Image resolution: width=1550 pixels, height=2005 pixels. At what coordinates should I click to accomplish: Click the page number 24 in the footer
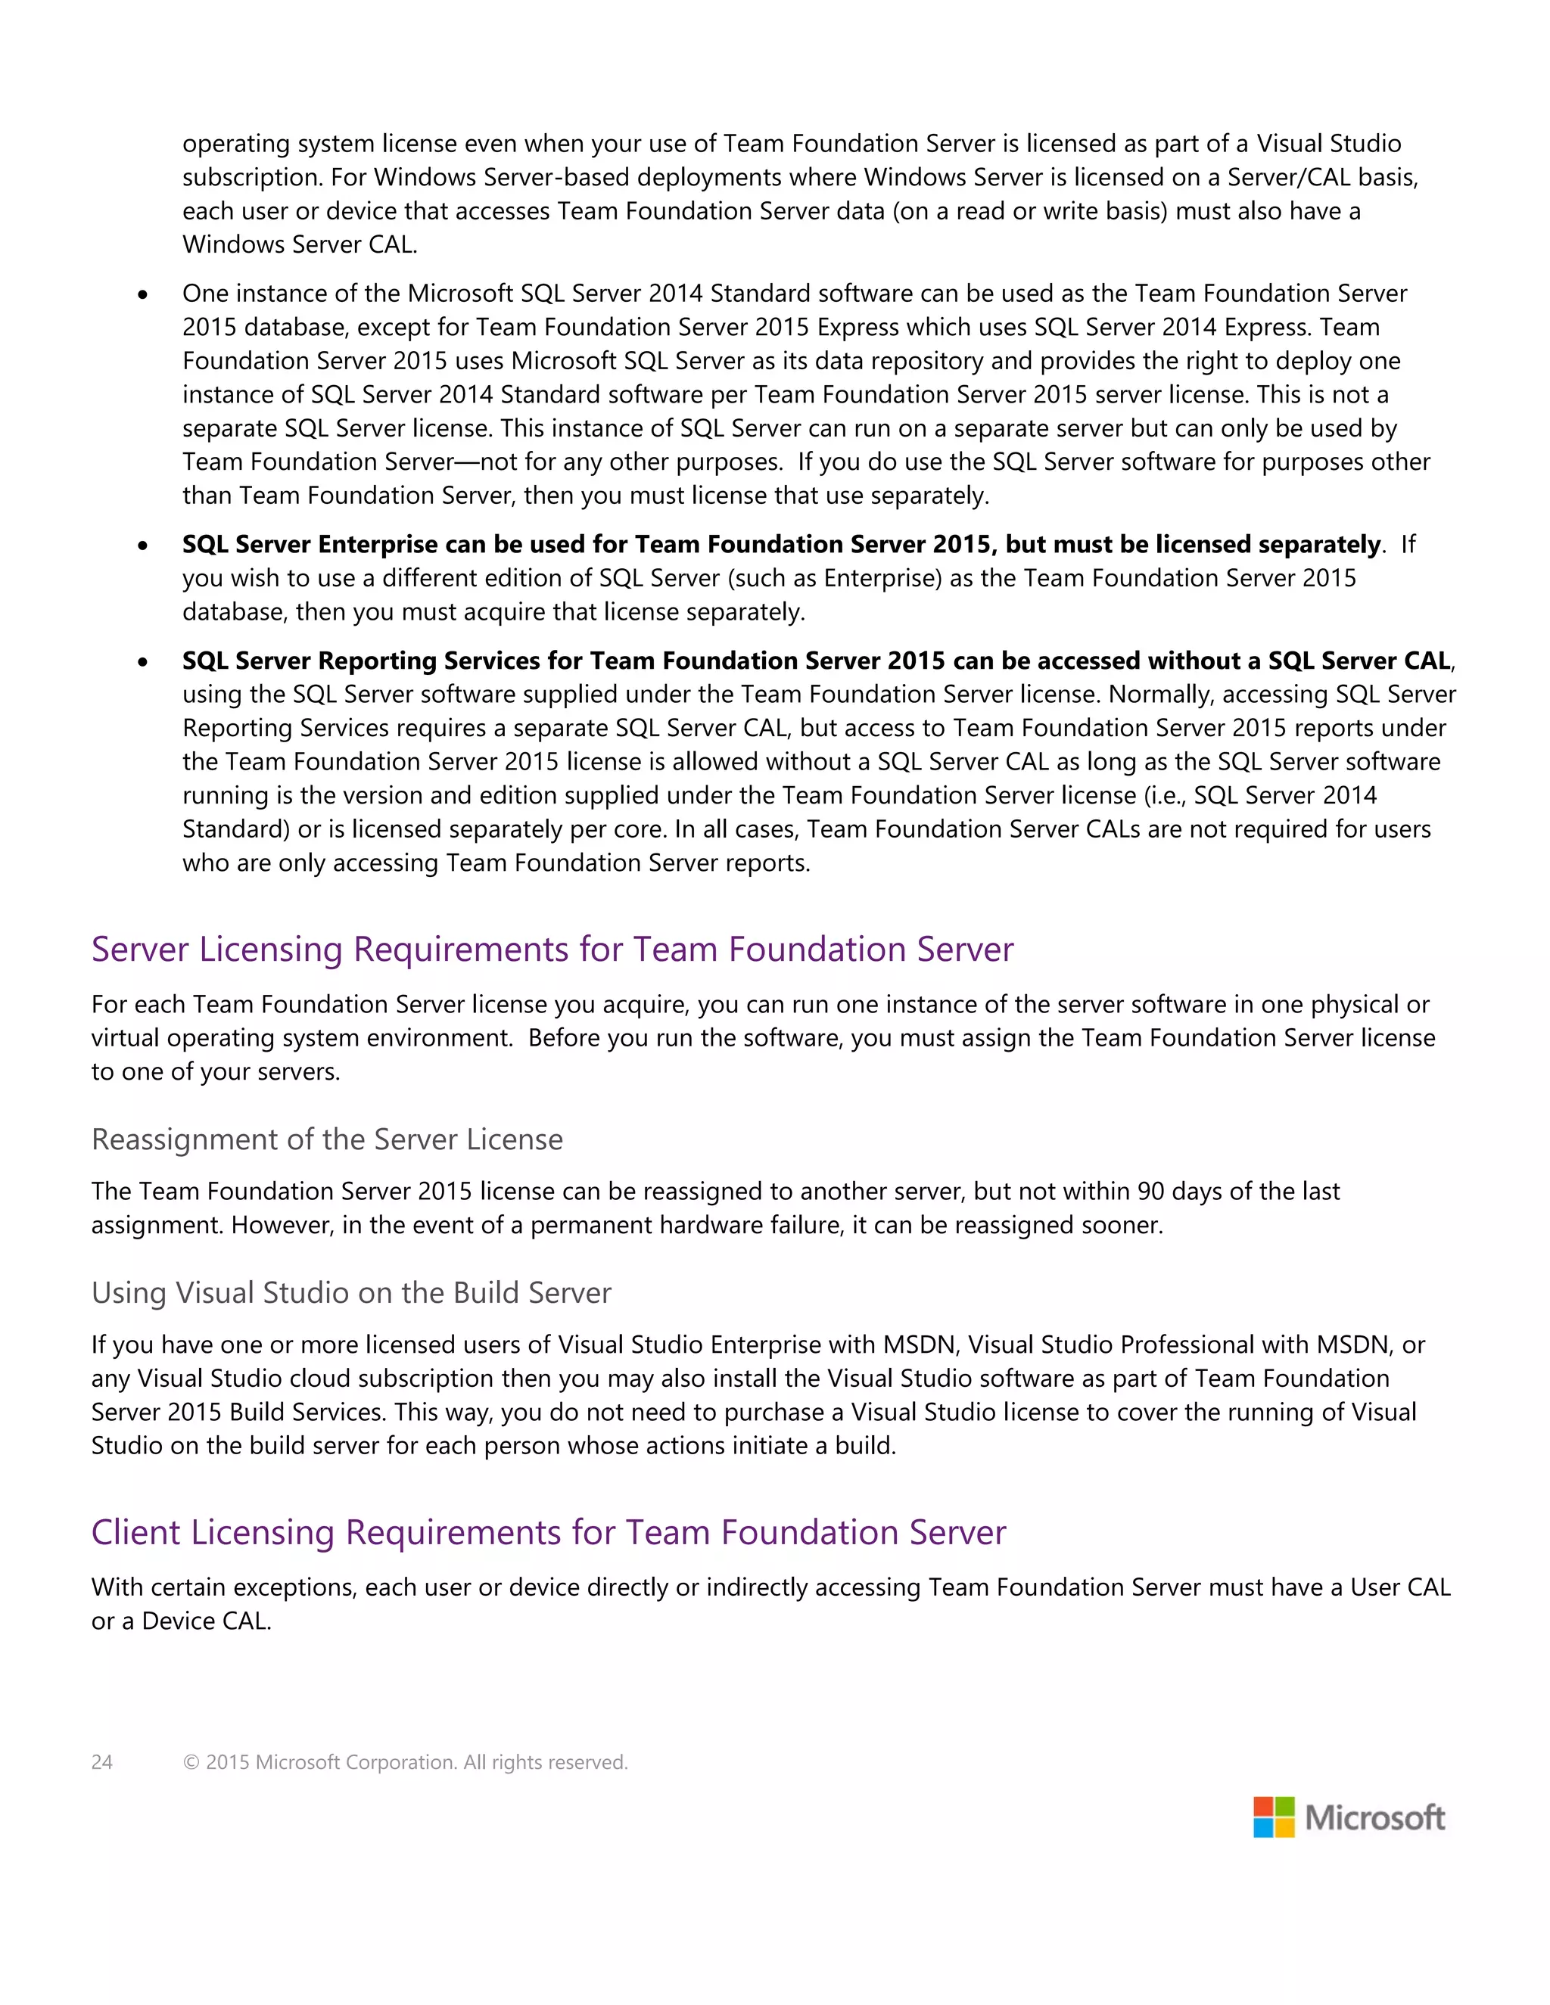tap(102, 1761)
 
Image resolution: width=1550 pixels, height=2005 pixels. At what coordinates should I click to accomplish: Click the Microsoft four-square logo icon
tap(1274, 1817)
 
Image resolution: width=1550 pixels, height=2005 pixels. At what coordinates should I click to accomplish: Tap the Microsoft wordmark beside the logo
tap(1374, 1817)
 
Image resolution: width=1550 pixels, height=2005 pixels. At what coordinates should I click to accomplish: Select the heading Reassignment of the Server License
tap(327, 1139)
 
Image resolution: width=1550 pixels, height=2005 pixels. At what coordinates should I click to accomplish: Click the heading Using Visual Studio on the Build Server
tap(350, 1292)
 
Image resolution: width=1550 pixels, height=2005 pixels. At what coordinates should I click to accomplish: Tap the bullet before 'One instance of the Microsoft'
tap(142, 294)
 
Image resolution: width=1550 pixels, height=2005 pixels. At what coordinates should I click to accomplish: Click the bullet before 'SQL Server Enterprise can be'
tap(142, 546)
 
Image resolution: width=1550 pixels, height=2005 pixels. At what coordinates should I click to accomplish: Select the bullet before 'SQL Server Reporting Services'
tap(142, 662)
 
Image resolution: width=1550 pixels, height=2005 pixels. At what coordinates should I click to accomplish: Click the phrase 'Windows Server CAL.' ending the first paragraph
tap(300, 245)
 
